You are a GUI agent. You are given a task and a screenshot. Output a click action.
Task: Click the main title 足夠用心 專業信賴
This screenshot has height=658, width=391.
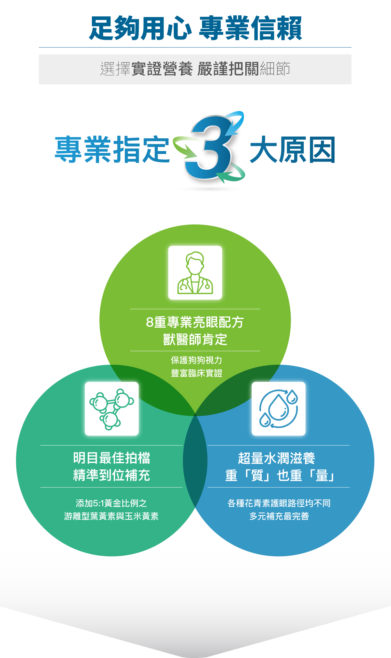pos(195,28)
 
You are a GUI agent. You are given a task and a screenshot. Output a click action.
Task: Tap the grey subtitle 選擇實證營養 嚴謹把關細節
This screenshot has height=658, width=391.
pos(195,69)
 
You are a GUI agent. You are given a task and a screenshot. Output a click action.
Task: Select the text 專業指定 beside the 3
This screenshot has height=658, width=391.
pos(112,150)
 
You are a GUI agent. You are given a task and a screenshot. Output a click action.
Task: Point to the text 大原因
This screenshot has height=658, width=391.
pos(292,150)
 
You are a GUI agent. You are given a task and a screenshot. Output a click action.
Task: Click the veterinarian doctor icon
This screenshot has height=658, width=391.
pos(195,273)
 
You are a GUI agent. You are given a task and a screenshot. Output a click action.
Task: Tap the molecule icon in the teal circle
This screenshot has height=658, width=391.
pos(112,409)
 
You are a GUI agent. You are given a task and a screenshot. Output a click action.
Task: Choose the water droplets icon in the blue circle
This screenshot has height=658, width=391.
pos(279,409)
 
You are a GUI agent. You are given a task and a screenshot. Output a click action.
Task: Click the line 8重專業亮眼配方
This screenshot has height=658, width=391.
pos(195,322)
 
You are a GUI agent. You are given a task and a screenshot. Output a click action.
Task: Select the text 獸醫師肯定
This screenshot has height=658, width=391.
pos(195,340)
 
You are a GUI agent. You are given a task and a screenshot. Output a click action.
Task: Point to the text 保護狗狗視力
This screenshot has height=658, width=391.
pos(196,360)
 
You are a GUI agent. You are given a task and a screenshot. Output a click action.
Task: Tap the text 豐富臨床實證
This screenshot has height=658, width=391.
pos(196,373)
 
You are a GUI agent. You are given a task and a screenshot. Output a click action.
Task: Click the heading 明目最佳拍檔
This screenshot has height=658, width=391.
pos(112,458)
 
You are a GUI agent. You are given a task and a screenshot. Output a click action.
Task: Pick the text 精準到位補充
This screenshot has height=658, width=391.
pos(112,475)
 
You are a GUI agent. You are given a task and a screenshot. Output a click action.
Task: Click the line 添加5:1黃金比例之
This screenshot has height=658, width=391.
pos(111,503)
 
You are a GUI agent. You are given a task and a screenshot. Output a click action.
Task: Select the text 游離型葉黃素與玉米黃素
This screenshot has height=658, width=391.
pos(111,516)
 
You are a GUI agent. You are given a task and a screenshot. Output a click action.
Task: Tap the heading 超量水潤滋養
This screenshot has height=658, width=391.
pos(277,458)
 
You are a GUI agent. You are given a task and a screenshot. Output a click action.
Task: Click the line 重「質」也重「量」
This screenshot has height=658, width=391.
pos(280,475)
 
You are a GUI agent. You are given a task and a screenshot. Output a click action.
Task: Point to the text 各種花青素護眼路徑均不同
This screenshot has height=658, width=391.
pos(279,503)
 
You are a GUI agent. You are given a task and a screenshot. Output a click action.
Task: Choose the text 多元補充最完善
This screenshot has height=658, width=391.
pos(279,516)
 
